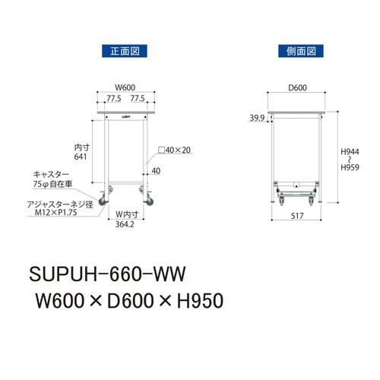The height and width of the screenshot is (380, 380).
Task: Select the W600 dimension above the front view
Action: [x=125, y=88]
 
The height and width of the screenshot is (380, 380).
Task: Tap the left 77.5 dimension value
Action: [x=113, y=98]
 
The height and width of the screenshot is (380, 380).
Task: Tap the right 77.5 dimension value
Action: [x=138, y=98]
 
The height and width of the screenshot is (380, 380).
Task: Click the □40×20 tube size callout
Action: [x=176, y=150]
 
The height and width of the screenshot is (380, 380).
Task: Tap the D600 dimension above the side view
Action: [x=298, y=88]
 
